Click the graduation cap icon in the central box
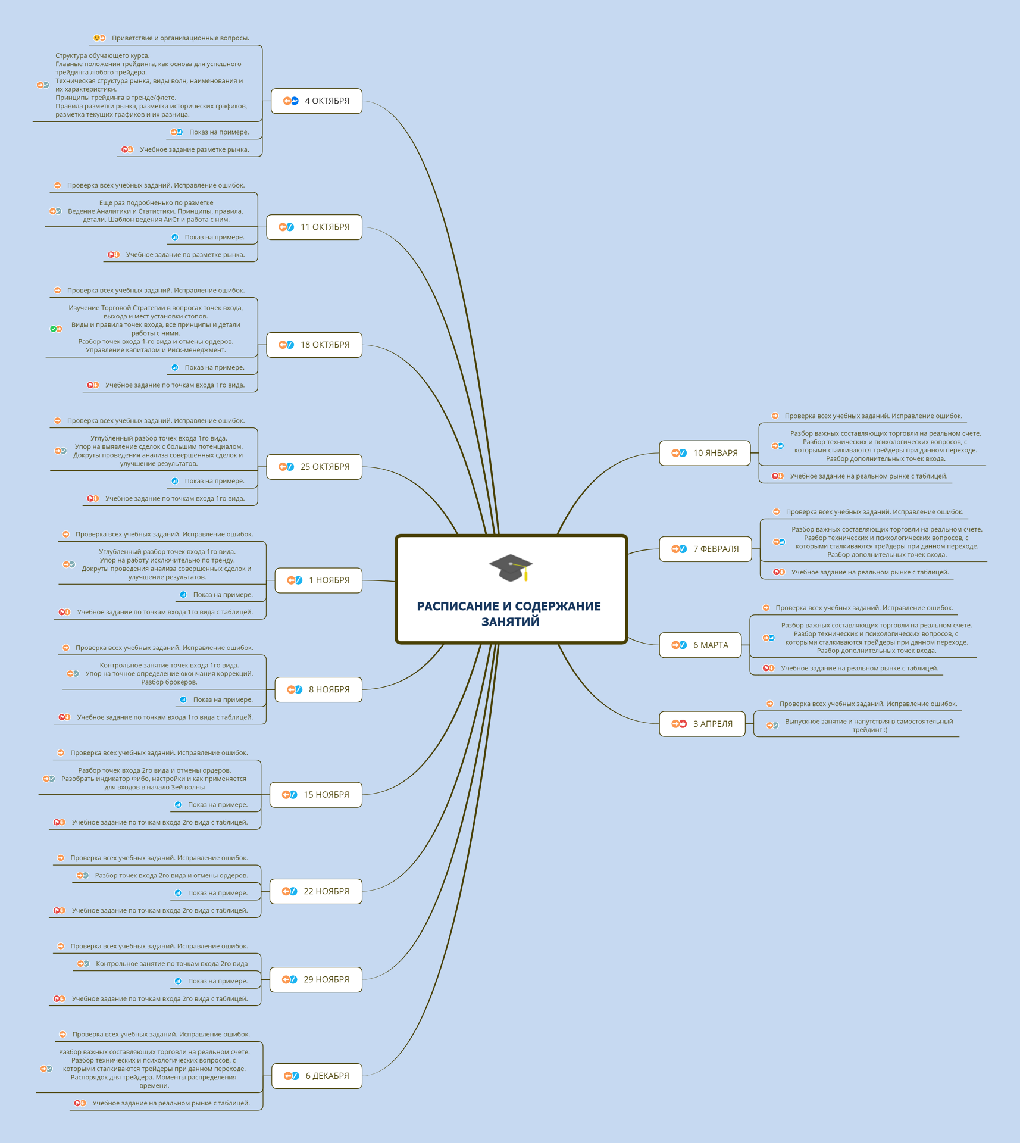(x=511, y=567)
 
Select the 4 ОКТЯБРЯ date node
(x=317, y=101)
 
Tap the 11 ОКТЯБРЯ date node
(x=314, y=227)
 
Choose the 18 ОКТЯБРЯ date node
(x=314, y=345)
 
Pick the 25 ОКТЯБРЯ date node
(x=314, y=467)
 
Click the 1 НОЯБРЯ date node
(x=318, y=580)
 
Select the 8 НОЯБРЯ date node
(x=318, y=690)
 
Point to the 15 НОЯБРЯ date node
(x=316, y=795)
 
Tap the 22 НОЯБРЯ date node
(x=316, y=891)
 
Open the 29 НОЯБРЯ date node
(x=316, y=979)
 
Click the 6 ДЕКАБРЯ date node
(x=317, y=1076)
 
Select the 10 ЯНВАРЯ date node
(x=705, y=453)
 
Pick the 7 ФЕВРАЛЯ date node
(x=705, y=549)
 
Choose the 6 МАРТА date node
(x=700, y=645)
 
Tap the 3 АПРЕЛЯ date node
(x=702, y=724)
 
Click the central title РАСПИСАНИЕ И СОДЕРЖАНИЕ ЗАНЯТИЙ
(x=509, y=614)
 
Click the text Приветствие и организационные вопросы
(x=180, y=38)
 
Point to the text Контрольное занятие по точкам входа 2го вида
(x=171, y=964)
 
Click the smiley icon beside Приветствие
(x=96, y=38)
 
